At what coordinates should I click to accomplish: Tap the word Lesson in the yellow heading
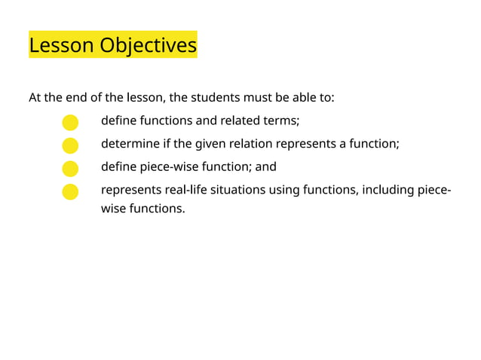(x=61, y=46)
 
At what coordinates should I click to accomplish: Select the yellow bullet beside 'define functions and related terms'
(x=69, y=122)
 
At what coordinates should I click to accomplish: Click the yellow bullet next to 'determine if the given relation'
(x=69, y=145)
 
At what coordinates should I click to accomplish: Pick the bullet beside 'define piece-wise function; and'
(x=69, y=168)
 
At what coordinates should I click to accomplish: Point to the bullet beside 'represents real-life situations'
(x=69, y=191)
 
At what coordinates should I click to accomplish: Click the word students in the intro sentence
(x=216, y=98)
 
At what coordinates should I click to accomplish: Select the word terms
(x=281, y=121)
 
